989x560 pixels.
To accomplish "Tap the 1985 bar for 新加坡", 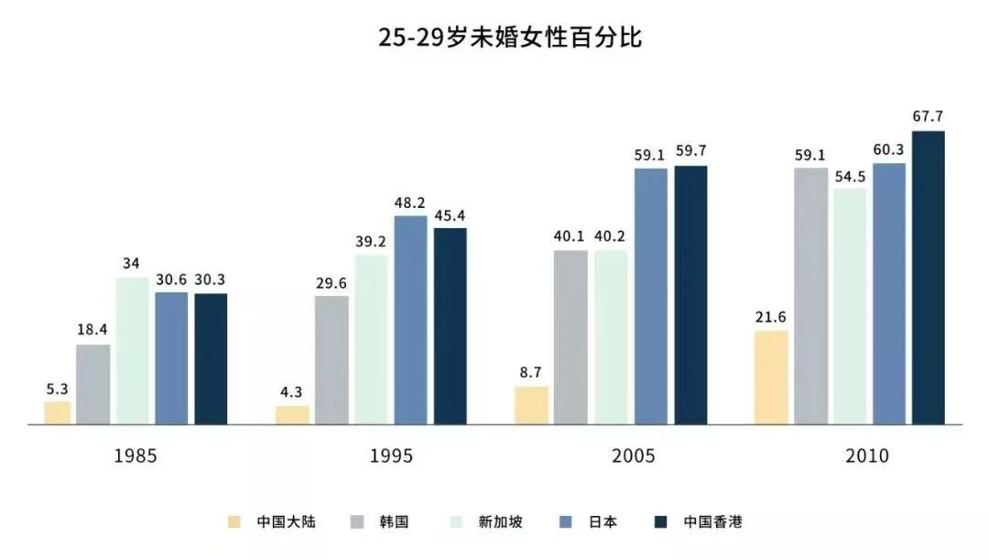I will point(132,350).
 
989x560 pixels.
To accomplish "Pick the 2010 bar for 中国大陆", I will point(771,378).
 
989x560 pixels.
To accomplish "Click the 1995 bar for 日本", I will point(410,320).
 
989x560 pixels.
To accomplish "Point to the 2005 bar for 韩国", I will point(571,337).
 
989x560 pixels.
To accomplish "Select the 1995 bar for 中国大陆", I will point(292,415).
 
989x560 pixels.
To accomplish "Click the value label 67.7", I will point(928,116).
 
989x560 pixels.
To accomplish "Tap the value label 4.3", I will point(292,391).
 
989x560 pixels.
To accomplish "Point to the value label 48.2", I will point(410,202).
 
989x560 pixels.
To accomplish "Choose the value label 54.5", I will point(850,174).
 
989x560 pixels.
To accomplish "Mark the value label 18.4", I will point(92,330).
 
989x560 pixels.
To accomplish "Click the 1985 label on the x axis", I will point(136,456).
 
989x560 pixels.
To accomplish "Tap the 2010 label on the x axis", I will point(867,456).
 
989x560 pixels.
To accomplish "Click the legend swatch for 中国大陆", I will point(235,522).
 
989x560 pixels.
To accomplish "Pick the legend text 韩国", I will point(393,522).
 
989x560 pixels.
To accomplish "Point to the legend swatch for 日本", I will point(566,522).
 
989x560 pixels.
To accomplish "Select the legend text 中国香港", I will point(712,522).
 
